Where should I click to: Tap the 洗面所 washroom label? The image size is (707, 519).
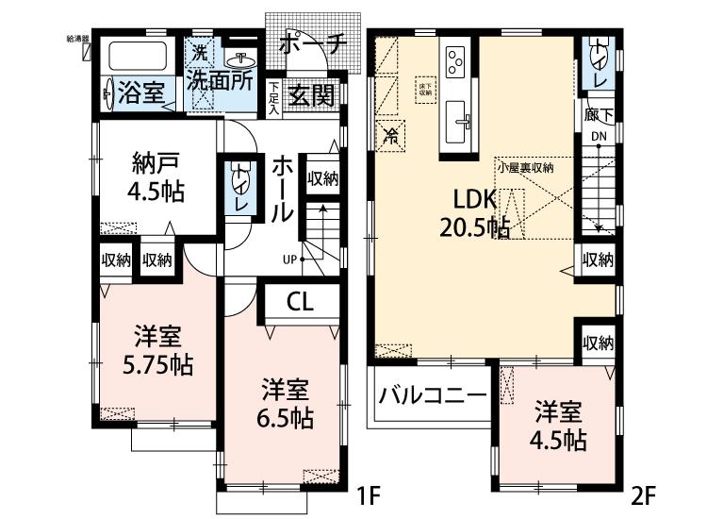coord(220,80)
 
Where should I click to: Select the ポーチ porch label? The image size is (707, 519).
coord(313,44)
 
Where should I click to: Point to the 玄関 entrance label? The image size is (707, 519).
coord(311,94)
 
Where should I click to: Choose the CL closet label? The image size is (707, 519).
coord(300,302)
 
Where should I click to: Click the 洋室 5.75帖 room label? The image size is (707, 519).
coord(156,351)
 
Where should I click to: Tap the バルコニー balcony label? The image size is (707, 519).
coord(433,394)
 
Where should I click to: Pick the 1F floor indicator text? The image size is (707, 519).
coord(368,493)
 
